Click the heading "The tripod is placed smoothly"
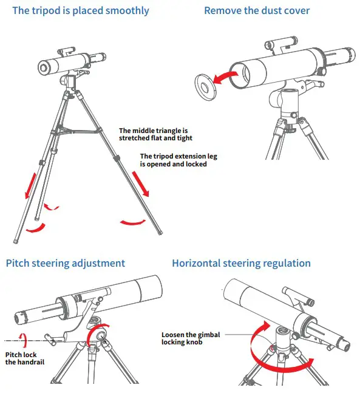point(80,11)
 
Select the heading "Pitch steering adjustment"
point(66,263)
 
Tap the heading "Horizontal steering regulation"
point(241,263)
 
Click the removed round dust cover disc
point(207,86)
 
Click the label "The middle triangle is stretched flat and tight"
point(155,134)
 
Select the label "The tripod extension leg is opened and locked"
point(178,160)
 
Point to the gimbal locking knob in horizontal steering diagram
point(282,332)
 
